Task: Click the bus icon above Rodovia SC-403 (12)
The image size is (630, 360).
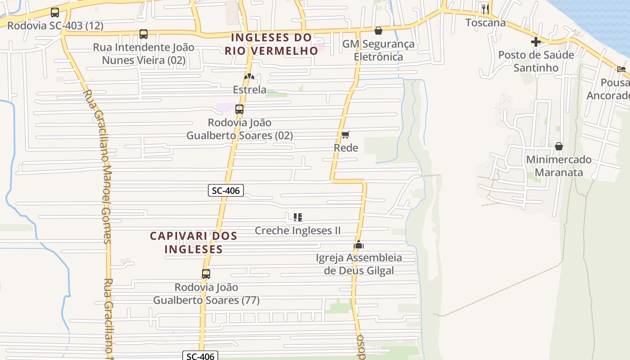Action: pyautogui.click(x=55, y=13)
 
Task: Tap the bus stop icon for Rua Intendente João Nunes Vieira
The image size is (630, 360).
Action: pyautogui.click(x=144, y=34)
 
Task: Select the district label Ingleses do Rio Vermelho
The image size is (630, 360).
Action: pyautogui.click(x=271, y=44)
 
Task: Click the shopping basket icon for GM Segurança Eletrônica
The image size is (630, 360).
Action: pyautogui.click(x=378, y=31)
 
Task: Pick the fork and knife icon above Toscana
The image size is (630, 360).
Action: pyautogui.click(x=485, y=9)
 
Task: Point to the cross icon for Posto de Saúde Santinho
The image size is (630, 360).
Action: pyautogui.click(x=535, y=42)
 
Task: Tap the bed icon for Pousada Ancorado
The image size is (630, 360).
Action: pyautogui.click(x=621, y=69)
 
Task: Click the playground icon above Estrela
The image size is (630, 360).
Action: pyautogui.click(x=249, y=76)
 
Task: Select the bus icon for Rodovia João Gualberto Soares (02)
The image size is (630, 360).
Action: pyautogui.click(x=239, y=109)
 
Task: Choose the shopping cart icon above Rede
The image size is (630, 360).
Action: pyautogui.click(x=346, y=135)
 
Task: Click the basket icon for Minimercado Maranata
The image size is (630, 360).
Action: pyautogui.click(x=558, y=146)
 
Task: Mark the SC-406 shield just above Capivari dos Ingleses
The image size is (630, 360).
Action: pyautogui.click(x=226, y=190)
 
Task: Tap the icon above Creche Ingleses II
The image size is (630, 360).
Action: pyautogui.click(x=297, y=218)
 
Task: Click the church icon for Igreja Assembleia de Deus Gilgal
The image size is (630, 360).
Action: pyautogui.click(x=359, y=245)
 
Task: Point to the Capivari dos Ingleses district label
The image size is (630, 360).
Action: pyautogui.click(x=193, y=242)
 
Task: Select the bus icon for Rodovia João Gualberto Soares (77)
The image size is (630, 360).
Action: pyautogui.click(x=206, y=274)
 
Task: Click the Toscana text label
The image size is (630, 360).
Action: pyautogui.click(x=486, y=22)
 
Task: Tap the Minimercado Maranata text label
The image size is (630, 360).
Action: pyautogui.click(x=558, y=166)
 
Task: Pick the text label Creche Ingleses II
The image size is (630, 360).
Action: pyautogui.click(x=297, y=231)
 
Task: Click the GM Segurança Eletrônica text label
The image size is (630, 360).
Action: pyautogui.click(x=378, y=50)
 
